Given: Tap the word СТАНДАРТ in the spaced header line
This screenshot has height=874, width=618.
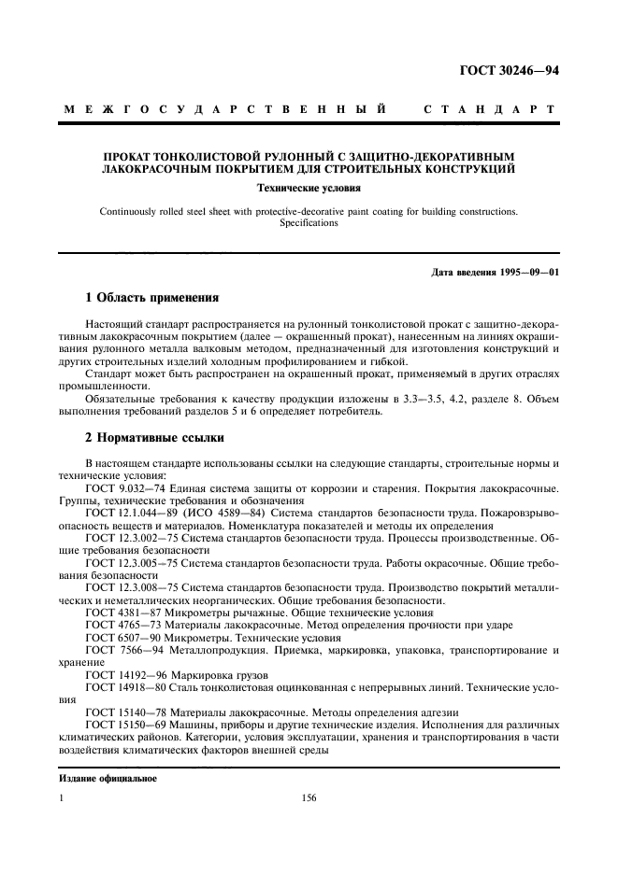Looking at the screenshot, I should coord(491,110).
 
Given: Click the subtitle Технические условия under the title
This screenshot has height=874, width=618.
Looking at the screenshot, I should coord(309,188).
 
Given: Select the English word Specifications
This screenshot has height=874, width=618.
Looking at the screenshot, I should coord(309,224).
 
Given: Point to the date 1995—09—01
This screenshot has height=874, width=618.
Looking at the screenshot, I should coord(527,273).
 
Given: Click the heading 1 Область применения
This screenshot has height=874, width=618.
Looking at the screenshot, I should coord(151,299).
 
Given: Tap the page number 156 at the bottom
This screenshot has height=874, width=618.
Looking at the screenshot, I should coord(309,798).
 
